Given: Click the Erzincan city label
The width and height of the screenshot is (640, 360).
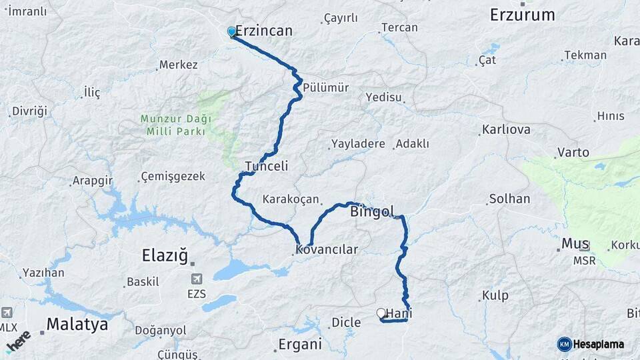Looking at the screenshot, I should coord(264,31).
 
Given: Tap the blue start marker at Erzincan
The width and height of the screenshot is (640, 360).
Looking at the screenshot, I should coord(231,32).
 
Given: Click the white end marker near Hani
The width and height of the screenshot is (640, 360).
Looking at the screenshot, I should coord(381,313).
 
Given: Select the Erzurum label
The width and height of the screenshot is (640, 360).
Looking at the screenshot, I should coord(522,15).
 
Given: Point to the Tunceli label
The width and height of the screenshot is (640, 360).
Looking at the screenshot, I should coord(266,166).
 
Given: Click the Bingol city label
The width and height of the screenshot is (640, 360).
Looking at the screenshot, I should coord(372,212).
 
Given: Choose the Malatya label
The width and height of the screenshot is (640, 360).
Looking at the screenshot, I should coord(77,325).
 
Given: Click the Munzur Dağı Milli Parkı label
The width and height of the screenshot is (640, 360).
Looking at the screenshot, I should coord(176,125).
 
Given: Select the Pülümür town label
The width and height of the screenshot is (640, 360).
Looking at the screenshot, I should coord(325,87).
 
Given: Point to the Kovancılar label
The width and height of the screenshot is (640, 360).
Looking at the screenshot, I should coord(327,250).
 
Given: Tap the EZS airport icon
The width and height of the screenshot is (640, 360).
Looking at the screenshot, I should coord(196,279).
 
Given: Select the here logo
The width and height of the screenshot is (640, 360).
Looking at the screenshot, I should coord(18,341).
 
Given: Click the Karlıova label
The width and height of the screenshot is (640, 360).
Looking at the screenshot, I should coord(507,129).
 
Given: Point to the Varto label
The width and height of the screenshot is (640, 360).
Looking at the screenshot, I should coord(573,153).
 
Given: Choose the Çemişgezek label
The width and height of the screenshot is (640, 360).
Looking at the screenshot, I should coord(173,177).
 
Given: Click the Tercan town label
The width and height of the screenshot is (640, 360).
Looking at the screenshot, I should coord(399,27).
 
